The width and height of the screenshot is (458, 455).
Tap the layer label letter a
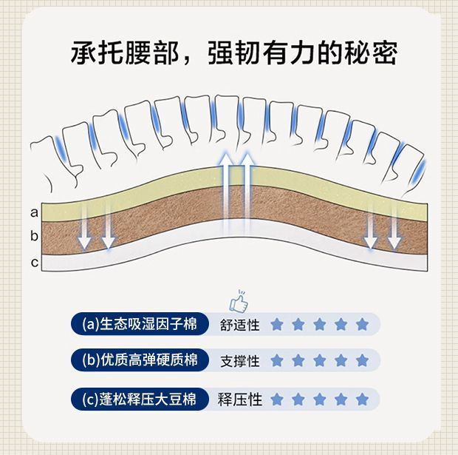pos(34,212)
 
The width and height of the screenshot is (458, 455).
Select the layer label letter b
pos(34,237)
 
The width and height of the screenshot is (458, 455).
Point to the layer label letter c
pos(34,262)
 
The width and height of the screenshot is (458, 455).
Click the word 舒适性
pos(240,325)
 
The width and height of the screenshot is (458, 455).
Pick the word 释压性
pos(240,400)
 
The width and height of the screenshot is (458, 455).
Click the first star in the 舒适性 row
pos(277,324)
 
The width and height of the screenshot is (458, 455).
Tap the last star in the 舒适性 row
pos(362,324)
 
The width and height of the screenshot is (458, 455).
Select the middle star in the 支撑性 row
pos(320,361)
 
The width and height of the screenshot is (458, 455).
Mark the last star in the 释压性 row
pos(362,399)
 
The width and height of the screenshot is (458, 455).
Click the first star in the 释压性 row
pos(277,399)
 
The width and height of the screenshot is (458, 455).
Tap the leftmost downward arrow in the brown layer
pos(85,226)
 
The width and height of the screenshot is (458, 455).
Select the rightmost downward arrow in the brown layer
pos(394,226)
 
